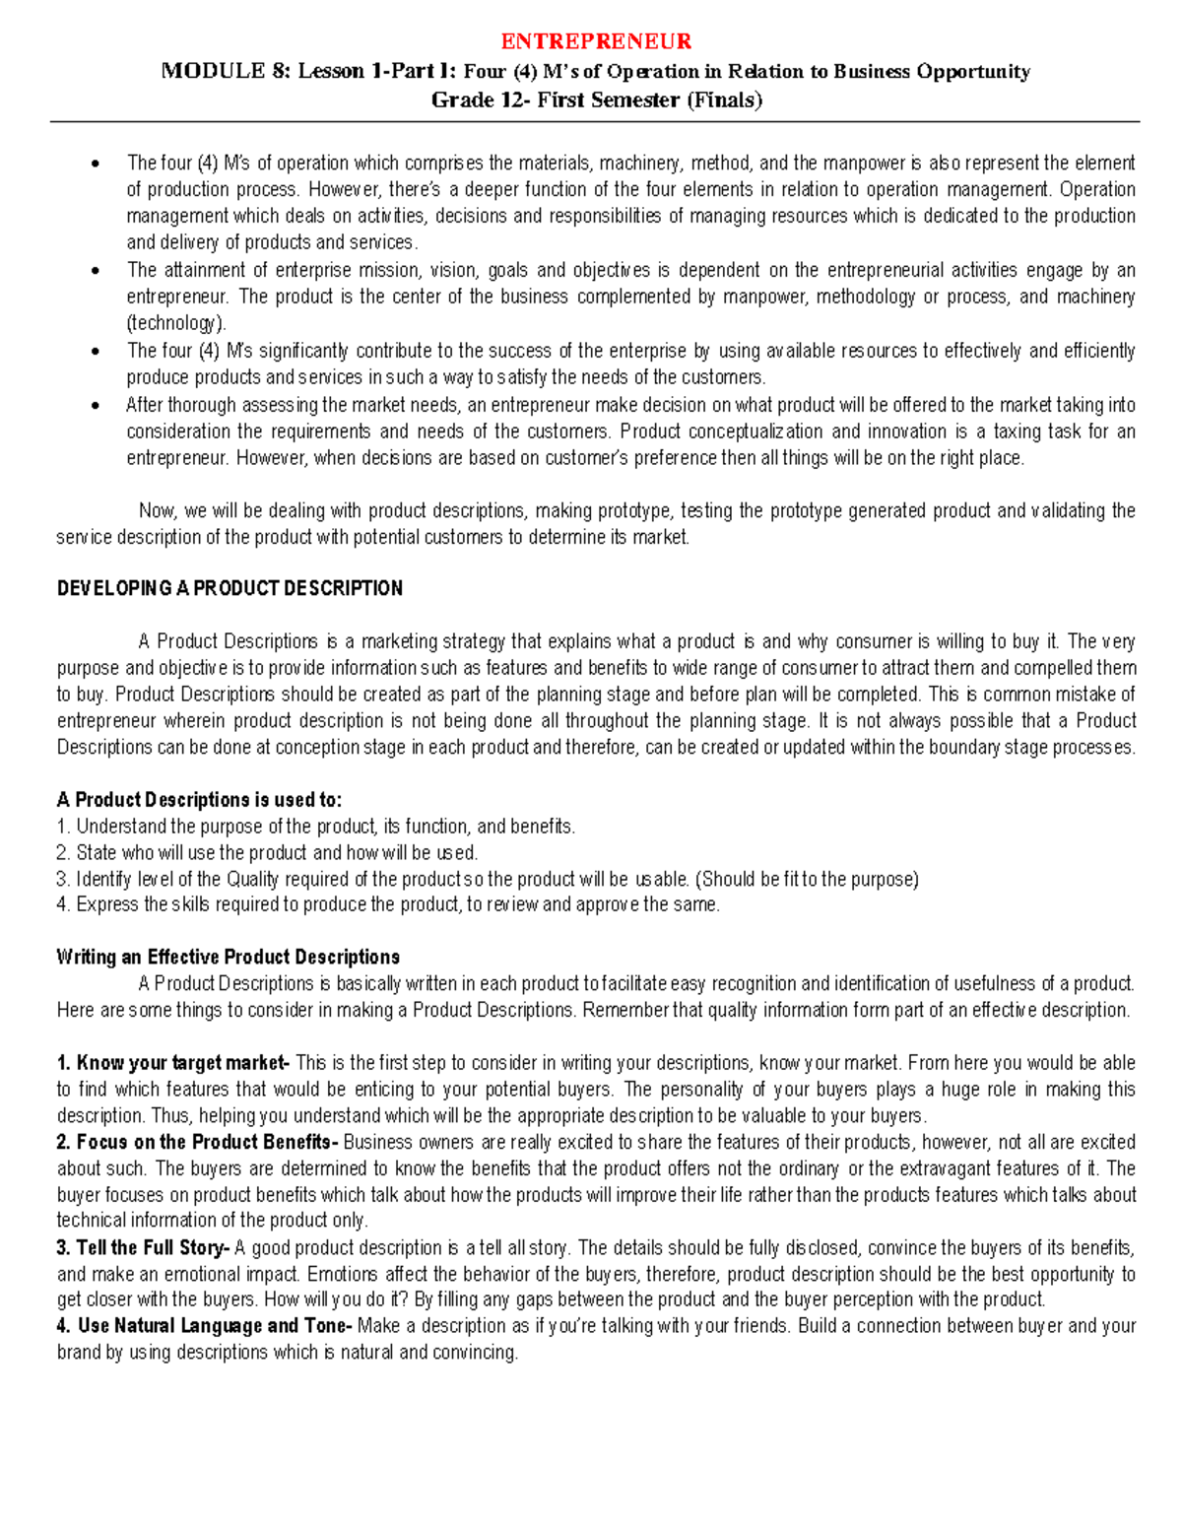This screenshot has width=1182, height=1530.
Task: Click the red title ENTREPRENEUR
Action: [x=596, y=41]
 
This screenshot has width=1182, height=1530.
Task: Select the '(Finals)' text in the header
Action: [x=724, y=100]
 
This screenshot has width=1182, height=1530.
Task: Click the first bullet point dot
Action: [x=95, y=164]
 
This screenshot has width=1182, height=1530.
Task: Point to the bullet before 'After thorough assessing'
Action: [x=95, y=406]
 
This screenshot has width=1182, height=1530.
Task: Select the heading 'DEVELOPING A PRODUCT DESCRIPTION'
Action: [x=230, y=589]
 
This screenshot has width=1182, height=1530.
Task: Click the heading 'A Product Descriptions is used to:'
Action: [x=199, y=800]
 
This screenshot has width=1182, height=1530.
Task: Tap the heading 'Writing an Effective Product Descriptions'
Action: [x=229, y=958]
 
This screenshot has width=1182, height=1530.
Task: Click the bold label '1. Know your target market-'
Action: [x=173, y=1063]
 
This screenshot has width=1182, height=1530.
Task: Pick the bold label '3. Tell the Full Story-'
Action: [x=144, y=1248]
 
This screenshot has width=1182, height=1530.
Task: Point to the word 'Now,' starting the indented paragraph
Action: [x=158, y=511]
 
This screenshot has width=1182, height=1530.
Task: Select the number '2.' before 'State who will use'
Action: [x=64, y=853]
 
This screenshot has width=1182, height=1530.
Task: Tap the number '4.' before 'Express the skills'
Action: [x=64, y=905]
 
